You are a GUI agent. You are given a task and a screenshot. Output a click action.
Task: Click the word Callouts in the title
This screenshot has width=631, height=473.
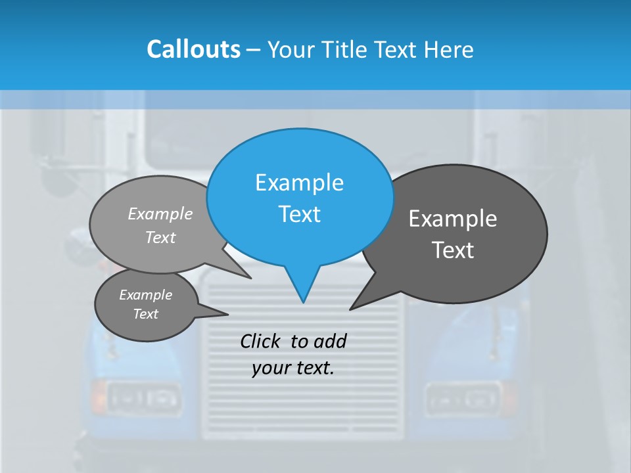point(193,49)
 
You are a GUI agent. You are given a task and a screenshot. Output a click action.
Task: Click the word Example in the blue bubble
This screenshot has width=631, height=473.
point(299,182)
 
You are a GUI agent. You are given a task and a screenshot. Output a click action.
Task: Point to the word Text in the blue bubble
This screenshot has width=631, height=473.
point(299,214)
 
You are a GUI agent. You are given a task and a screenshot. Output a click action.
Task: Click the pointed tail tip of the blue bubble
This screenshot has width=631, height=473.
point(303,302)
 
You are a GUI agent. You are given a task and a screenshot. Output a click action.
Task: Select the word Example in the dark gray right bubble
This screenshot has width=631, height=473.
point(452,218)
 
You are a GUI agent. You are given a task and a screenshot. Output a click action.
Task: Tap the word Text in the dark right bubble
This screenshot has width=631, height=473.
point(452,250)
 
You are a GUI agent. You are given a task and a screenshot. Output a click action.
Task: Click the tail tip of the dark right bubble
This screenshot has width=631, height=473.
point(350,309)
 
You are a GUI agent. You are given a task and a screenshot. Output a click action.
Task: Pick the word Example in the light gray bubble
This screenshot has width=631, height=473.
point(160,214)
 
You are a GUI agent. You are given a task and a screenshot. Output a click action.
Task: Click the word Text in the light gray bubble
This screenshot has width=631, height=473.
point(160,237)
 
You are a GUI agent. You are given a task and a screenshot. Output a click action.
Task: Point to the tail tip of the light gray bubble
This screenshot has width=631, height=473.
point(251,279)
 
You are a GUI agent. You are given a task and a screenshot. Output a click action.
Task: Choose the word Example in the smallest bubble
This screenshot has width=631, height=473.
point(145,295)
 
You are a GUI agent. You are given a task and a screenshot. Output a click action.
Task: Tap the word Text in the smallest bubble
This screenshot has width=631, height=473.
point(145,314)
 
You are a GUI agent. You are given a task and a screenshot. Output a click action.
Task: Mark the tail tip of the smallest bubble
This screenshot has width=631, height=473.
point(228,313)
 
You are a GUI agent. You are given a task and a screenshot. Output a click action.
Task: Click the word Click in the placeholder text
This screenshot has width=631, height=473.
point(261,341)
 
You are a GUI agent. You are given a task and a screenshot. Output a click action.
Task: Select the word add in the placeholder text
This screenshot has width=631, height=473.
point(329,341)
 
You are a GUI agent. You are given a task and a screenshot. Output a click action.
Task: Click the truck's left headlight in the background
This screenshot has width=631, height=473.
point(143,397)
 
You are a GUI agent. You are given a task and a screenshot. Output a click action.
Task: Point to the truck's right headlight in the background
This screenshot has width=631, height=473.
point(462,396)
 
